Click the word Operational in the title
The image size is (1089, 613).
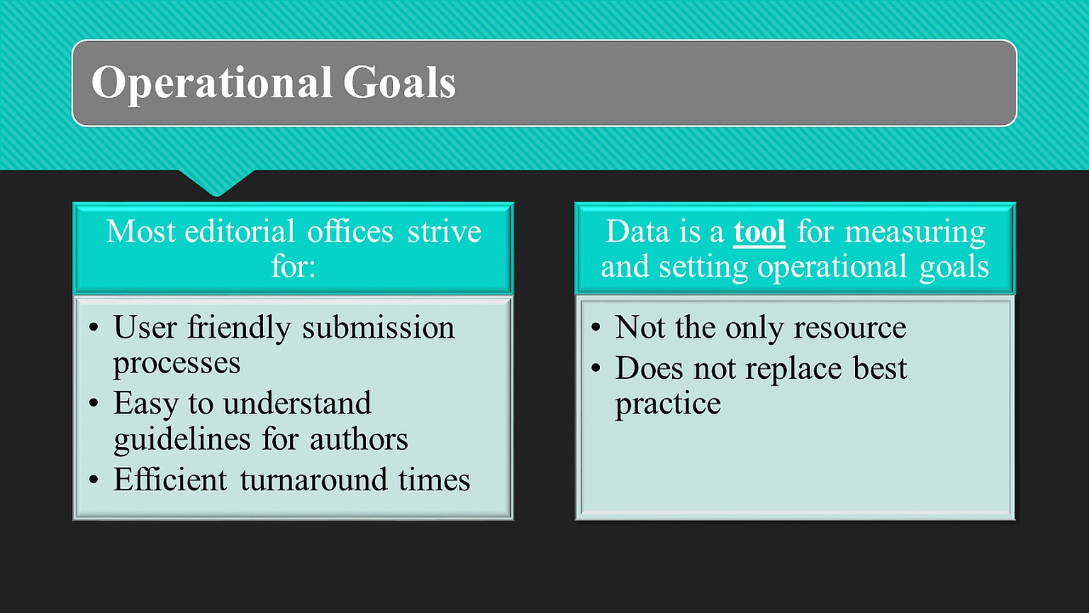point(212,83)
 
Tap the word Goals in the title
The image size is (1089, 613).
point(399,82)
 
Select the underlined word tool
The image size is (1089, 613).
point(759,231)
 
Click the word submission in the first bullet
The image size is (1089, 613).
point(379,327)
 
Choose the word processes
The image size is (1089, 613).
point(177,364)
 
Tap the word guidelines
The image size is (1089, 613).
point(182,439)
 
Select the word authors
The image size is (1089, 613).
point(359,440)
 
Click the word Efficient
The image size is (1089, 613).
point(170,479)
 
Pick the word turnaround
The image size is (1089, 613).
point(313,480)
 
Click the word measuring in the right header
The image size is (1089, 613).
point(915,233)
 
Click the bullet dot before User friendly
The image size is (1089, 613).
point(94,327)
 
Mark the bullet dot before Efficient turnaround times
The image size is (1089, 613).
point(94,480)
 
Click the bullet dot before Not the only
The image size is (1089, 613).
point(596,327)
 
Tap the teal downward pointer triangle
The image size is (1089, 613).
point(217,182)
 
